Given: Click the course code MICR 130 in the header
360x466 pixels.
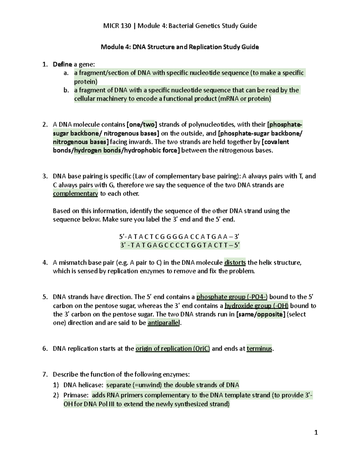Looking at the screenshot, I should coord(117,26).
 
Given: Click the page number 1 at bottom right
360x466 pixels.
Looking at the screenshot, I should coord(316,432).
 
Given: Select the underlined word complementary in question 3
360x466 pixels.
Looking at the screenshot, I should coord(75,194).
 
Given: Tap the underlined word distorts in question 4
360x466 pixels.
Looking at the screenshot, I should coord(235,263).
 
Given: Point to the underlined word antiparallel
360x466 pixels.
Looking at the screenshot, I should coord(164,323).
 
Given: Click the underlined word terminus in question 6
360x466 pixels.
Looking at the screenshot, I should coord(259,349).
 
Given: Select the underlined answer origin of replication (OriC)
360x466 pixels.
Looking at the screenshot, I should coord(172,349).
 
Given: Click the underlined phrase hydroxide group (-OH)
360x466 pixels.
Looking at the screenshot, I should coord(256,306).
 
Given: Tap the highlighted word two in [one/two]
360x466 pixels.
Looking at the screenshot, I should coord(149,125).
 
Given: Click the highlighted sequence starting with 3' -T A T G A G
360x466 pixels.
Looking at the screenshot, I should coord(180,245).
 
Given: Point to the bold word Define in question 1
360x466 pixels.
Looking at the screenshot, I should coord(62,64).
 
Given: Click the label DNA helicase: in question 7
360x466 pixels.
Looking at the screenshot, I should coord(83,385).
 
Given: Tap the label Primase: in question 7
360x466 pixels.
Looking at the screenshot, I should coord(76,395).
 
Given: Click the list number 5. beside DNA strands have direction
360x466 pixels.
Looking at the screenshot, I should coord(45,297).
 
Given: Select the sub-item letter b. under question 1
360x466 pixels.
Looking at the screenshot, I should coord(66,90).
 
